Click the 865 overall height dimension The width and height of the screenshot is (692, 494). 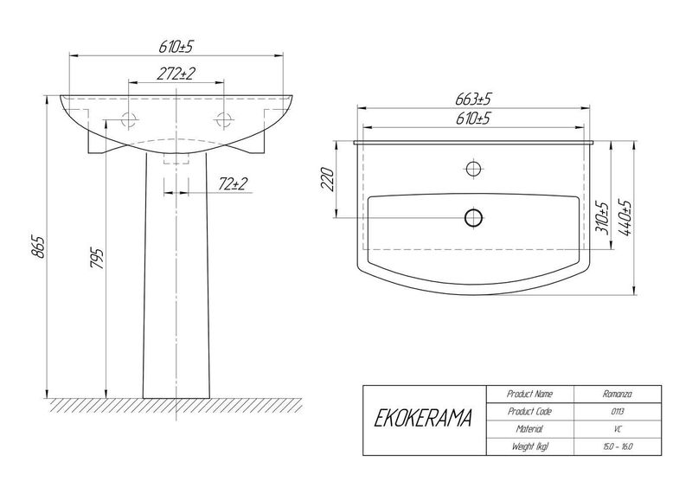[x=38, y=247]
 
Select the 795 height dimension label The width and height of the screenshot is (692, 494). [x=97, y=259]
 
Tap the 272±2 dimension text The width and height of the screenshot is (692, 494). [x=176, y=74]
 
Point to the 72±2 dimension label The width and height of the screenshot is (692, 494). [x=233, y=184]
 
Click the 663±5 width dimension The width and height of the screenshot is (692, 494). [x=473, y=99]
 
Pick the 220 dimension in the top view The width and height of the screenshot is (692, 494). [x=328, y=179]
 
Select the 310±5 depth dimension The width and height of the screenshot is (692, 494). [x=602, y=219]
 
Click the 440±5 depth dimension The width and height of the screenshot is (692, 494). [x=625, y=218]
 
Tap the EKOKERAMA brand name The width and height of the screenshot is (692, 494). [x=423, y=419]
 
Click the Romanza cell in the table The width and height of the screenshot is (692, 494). [x=617, y=394]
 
